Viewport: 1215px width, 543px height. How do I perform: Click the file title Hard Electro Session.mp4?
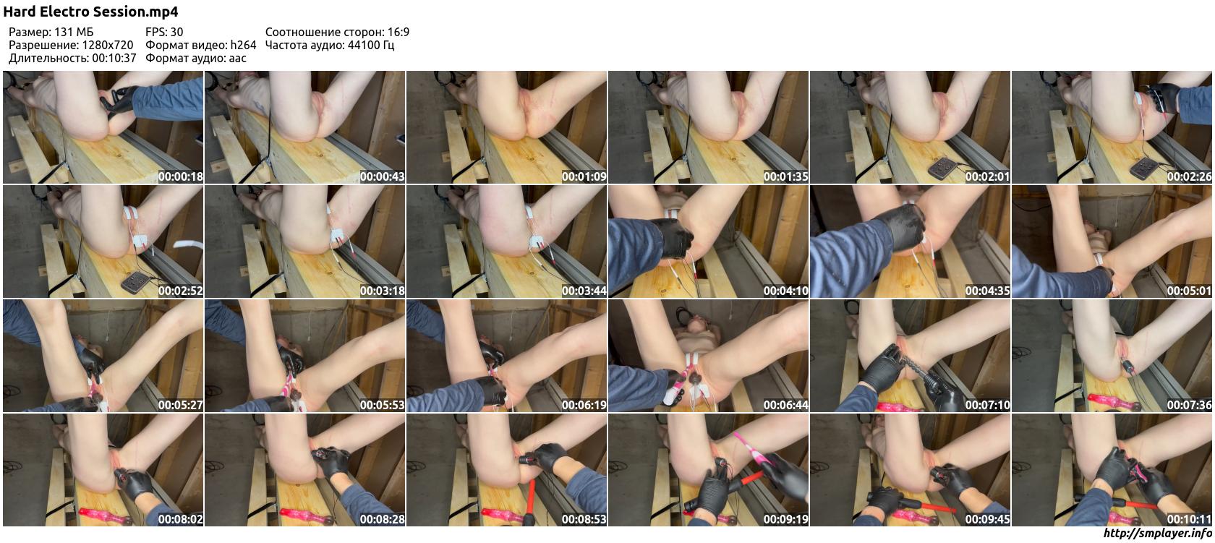[x=90, y=12]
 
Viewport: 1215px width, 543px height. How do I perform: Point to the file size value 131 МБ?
[x=74, y=32]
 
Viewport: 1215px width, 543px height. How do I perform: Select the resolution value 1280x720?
[x=107, y=45]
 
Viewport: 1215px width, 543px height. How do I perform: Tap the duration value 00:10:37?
[x=114, y=58]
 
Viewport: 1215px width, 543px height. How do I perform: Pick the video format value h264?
[x=243, y=45]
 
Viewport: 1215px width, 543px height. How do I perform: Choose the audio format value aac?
[x=237, y=59]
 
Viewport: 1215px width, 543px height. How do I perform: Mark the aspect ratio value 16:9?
[x=398, y=32]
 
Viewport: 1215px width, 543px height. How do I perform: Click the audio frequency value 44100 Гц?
[x=371, y=45]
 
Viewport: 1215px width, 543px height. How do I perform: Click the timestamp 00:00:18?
[x=180, y=176]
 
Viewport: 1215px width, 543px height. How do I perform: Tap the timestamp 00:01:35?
[x=785, y=176]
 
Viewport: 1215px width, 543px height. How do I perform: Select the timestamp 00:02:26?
[x=1189, y=176]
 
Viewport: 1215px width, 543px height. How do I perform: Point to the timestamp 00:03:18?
[x=382, y=291]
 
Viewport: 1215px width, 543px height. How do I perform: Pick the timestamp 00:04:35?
[x=987, y=291]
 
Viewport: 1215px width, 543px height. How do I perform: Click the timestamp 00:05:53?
[x=382, y=405]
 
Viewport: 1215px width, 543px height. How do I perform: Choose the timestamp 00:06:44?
[x=785, y=405]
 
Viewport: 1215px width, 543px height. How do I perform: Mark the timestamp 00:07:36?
[x=1189, y=405]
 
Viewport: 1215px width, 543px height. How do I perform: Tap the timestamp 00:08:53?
[x=584, y=520]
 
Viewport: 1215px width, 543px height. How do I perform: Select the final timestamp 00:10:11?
[x=1189, y=520]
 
